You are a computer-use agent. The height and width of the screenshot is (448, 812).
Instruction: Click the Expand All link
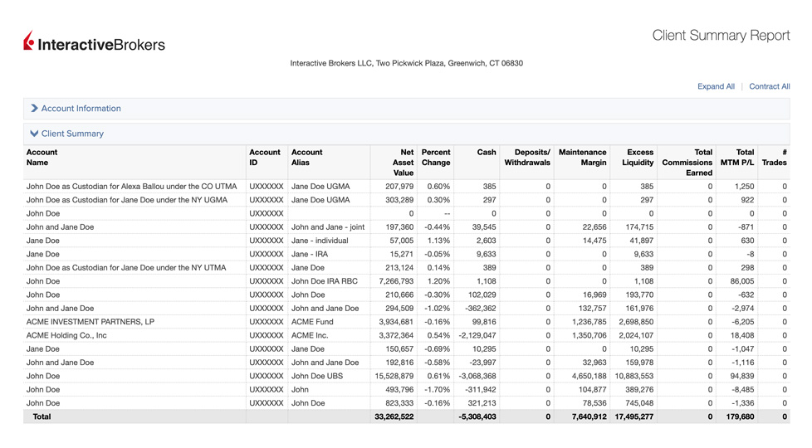point(716,86)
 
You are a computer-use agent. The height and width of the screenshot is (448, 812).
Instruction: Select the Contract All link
point(769,86)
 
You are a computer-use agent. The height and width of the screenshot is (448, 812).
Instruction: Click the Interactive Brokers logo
point(95,43)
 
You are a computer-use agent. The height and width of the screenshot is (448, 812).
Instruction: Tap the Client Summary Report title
point(721,36)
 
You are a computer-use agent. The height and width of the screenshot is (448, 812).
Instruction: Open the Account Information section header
point(81,109)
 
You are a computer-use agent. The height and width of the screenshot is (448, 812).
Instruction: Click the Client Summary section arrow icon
point(34,134)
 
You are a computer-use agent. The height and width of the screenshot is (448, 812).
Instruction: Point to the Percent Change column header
point(435,158)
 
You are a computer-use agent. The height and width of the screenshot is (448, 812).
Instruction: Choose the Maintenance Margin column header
point(582,158)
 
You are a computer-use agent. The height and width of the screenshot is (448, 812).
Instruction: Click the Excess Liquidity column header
point(639,158)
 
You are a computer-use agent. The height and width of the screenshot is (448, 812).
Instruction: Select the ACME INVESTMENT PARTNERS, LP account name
point(90,322)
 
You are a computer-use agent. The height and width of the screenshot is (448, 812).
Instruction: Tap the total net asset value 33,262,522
point(394,416)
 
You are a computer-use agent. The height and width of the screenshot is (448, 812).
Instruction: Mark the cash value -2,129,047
point(476,335)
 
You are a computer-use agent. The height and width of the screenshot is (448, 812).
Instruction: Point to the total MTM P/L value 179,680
point(739,416)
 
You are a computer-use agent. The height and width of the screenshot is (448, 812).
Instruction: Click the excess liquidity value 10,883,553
point(633,376)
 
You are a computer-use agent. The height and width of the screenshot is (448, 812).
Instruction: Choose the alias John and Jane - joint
point(328,227)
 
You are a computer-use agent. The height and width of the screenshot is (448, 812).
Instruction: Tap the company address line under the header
point(406,63)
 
